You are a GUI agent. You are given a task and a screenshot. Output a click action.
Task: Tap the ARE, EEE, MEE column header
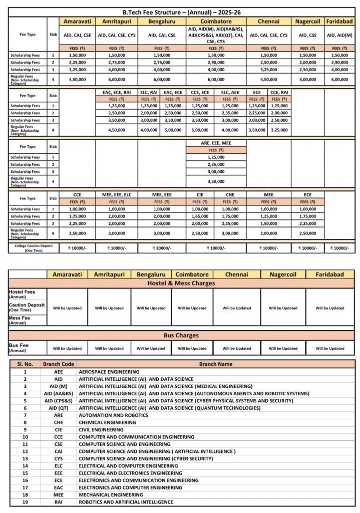216,143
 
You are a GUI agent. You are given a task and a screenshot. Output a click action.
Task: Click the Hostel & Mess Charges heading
181,283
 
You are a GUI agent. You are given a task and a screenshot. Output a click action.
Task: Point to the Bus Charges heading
181,335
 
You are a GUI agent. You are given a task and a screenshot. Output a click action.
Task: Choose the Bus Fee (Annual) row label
20,348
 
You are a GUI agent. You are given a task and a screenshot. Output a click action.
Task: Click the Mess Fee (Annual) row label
20,320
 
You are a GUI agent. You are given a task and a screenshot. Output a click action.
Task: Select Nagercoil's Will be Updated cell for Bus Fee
283,348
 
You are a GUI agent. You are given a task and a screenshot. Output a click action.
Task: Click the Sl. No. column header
25,364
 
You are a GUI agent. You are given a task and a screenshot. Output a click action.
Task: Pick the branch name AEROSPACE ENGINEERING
109,372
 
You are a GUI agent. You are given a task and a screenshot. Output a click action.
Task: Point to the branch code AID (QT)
59,408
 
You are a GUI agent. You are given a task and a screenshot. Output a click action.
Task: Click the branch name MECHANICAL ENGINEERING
111,494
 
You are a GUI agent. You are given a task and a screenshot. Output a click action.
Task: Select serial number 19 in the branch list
25,501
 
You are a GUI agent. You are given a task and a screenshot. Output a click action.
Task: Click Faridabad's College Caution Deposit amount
339,247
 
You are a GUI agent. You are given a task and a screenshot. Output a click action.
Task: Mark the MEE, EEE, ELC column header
116,193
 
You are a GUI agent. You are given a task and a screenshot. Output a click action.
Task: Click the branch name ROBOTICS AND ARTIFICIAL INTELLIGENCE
126,501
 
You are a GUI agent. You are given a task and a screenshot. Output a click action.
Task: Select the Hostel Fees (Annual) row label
22,294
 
